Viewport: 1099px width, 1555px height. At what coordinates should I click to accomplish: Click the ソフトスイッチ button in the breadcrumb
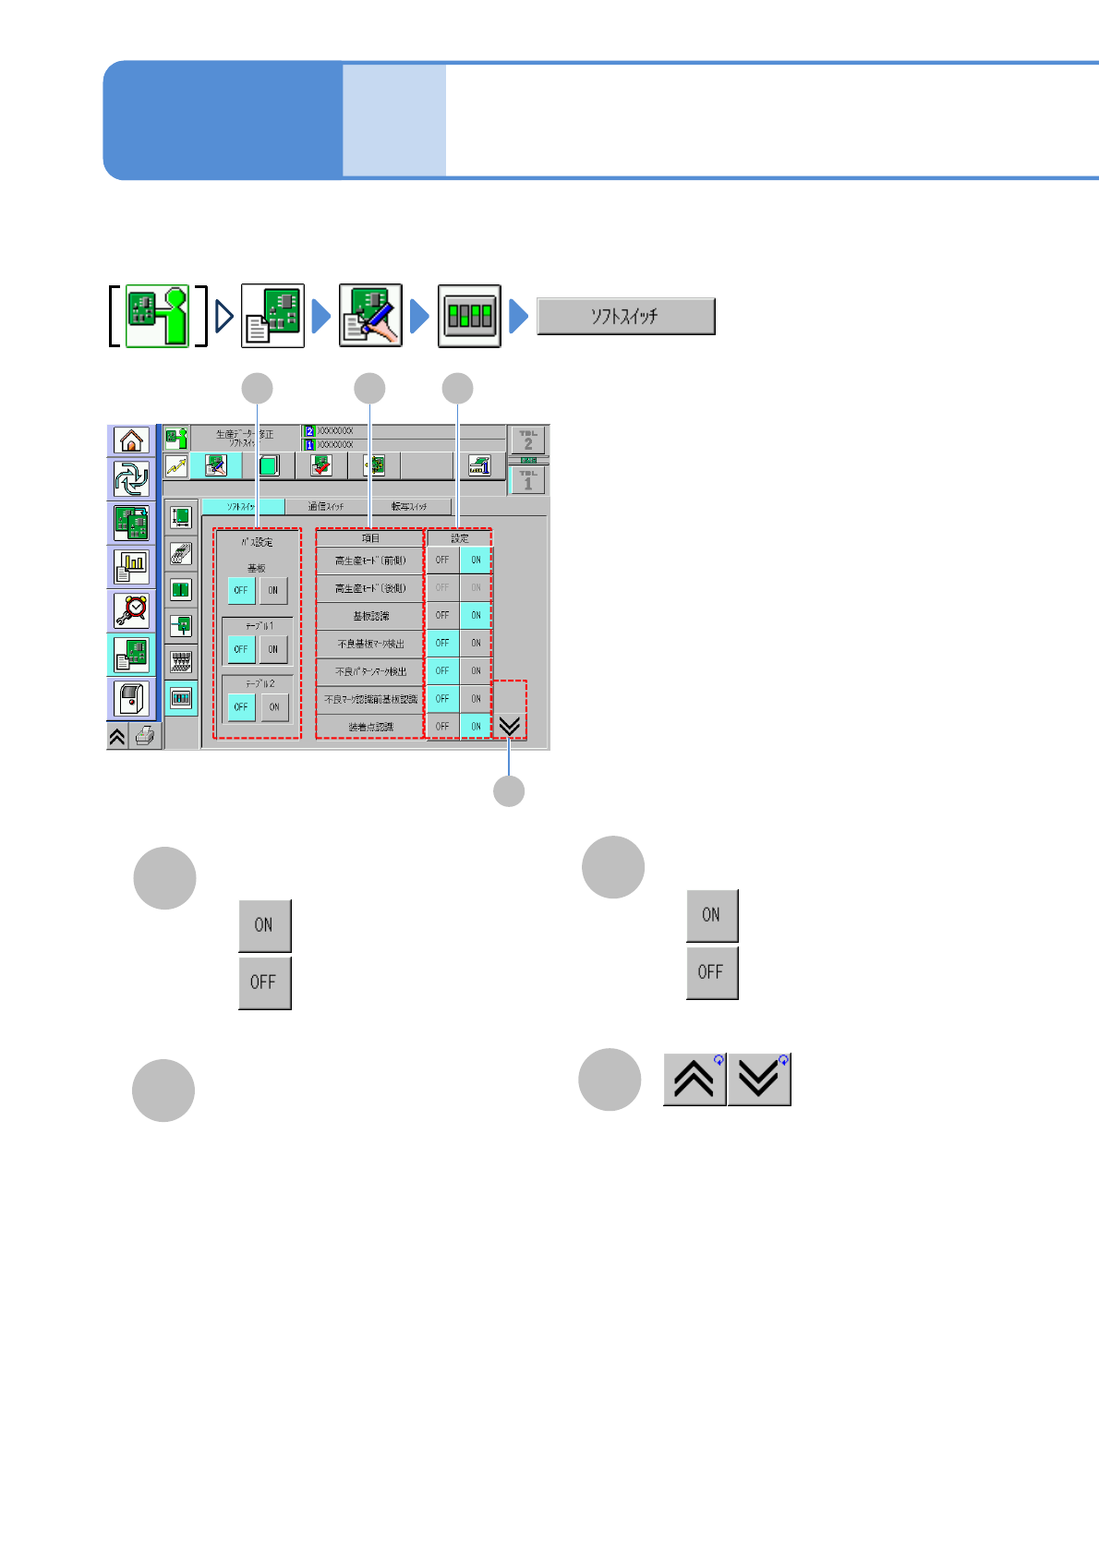click(x=625, y=316)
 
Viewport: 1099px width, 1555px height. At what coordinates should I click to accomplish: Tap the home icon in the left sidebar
click(x=131, y=440)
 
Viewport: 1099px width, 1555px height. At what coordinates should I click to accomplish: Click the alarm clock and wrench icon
click(x=131, y=610)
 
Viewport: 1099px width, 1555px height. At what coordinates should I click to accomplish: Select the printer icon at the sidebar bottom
click(x=145, y=736)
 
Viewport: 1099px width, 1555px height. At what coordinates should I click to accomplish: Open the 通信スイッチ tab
click(x=326, y=506)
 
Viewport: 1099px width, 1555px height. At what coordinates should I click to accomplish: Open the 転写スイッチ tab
click(x=409, y=506)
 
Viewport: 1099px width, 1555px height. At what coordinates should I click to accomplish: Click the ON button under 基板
click(x=273, y=590)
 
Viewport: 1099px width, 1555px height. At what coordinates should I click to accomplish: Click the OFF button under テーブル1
click(x=241, y=649)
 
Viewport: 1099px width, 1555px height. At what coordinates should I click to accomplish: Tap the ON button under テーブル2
click(x=274, y=707)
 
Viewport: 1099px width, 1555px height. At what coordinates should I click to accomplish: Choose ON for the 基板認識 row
click(x=476, y=615)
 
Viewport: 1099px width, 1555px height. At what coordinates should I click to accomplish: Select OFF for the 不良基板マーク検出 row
click(x=442, y=643)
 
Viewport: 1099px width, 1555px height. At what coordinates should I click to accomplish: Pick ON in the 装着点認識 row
click(x=476, y=727)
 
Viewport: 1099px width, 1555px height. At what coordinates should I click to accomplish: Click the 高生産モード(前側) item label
click(x=370, y=561)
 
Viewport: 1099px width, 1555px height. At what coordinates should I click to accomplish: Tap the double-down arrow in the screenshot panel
click(x=509, y=726)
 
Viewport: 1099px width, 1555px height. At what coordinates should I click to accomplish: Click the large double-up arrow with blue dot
click(x=694, y=1079)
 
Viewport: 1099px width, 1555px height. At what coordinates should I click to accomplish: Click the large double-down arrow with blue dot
click(x=759, y=1079)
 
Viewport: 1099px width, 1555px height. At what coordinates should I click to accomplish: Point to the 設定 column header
click(x=460, y=538)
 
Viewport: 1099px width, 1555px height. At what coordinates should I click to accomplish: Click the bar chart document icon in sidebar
click(x=131, y=566)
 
